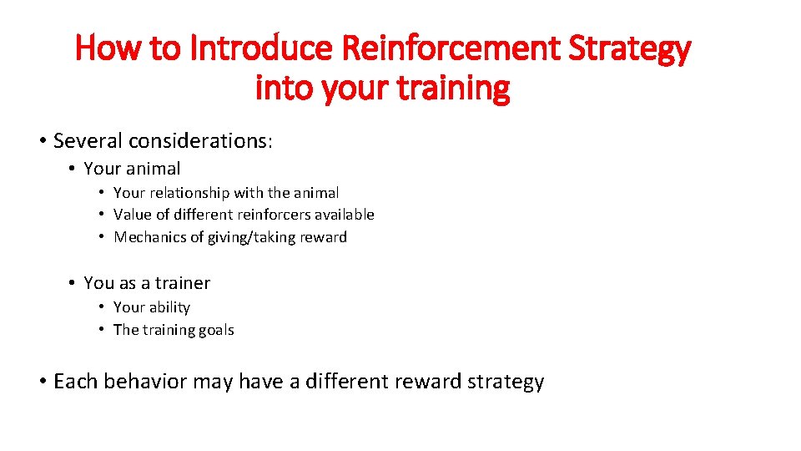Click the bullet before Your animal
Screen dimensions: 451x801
[73, 169]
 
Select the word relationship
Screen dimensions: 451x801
[190, 193]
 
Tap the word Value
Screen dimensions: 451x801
[133, 215]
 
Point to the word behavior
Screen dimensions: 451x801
[144, 382]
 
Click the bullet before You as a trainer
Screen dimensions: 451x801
[73, 283]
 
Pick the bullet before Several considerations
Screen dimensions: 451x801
[42, 141]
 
